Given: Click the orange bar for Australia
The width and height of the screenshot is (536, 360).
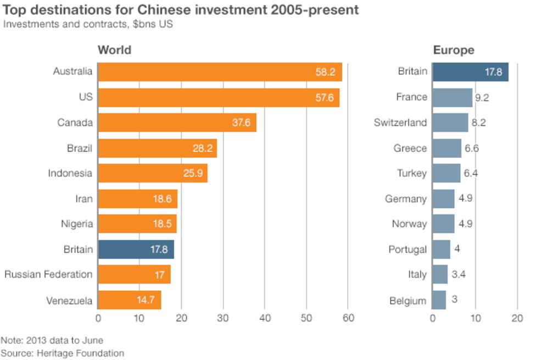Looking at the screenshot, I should (x=220, y=72).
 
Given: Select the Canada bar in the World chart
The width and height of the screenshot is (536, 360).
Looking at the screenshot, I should (x=177, y=123).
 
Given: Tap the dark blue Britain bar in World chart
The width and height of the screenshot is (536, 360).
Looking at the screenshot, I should (x=136, y=250).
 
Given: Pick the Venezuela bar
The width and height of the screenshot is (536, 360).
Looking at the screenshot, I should (x=130, y=300).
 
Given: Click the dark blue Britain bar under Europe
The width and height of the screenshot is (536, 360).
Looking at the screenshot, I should (x=470, y=72).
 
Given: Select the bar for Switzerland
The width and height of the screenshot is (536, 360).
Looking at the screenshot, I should (x=450, y=123).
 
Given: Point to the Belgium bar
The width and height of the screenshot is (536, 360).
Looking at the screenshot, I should (x=439, y=300).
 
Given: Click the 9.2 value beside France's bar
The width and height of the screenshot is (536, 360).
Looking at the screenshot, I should (x=482, y=97).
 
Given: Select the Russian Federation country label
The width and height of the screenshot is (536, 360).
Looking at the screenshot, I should (x=48, y=274).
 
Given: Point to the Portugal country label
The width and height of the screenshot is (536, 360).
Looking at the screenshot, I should (x=407, y=249).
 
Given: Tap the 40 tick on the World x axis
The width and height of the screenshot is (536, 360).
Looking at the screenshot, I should (x=264, y=318).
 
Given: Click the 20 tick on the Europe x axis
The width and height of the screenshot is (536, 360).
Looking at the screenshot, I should (x=516, y=318).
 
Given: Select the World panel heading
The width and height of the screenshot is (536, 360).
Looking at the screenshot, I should (x=114, y=51).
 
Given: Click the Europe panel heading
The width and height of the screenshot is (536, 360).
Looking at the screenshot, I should (x=453, y=51).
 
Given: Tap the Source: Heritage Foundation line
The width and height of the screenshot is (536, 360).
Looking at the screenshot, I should (x=62, y=353).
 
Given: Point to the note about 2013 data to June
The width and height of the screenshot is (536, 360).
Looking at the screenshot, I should (x=52, y=340).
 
